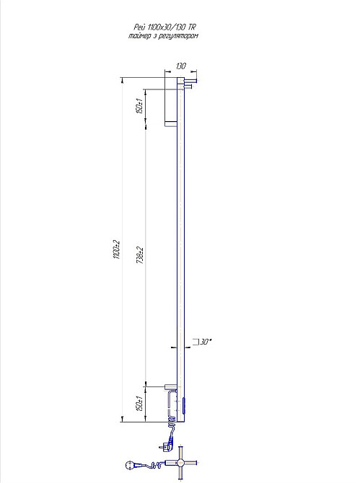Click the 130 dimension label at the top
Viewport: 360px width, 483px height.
click(x=181, y=66)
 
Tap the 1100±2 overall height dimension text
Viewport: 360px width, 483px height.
click(x=116, y=249)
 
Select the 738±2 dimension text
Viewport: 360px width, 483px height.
click(x=140, y=255)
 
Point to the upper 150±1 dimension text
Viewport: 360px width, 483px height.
click(x=139, y=106)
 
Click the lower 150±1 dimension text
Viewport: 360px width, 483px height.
click(x=139, y=403)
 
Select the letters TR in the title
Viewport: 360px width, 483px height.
click(x=192, y=27)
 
